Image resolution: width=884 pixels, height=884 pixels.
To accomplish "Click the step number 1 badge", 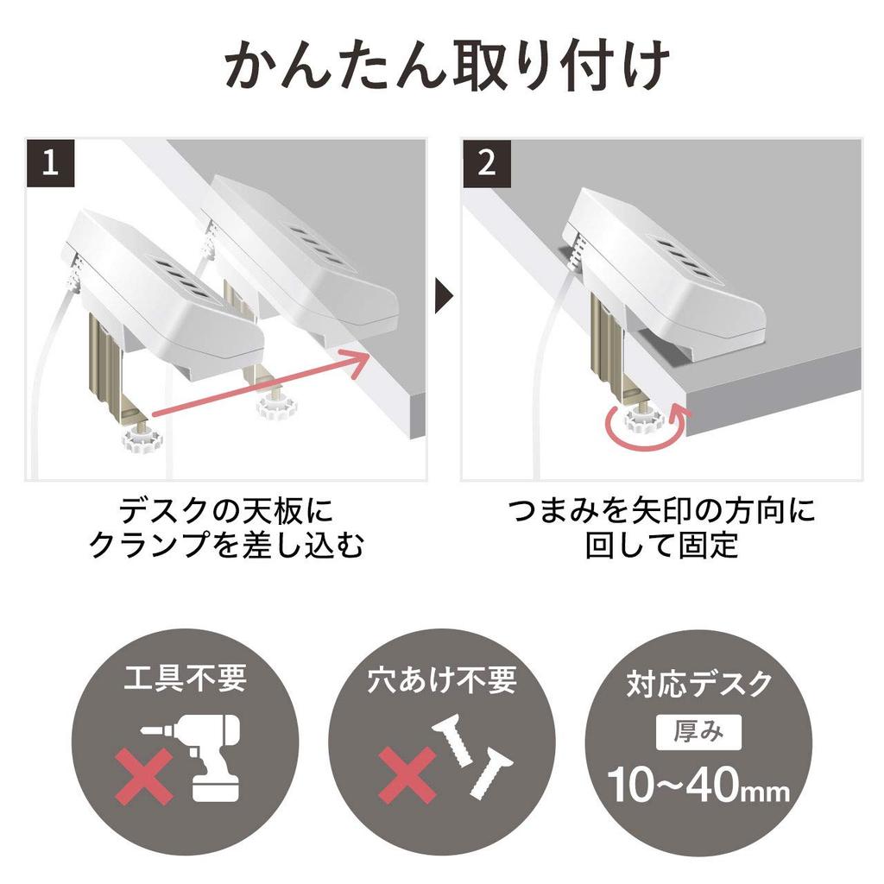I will tap(51, 164).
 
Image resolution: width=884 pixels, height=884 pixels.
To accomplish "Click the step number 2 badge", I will tap(487, 164).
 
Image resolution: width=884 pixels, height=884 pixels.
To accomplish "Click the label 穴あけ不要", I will tap(442, 679).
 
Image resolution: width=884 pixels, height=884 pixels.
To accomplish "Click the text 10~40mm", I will tap(699, 785).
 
